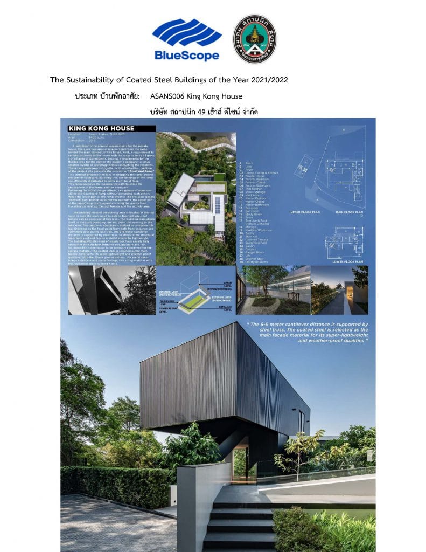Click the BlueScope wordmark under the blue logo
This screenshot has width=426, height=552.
tap(186, 55)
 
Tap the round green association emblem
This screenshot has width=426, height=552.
tap(254, 39)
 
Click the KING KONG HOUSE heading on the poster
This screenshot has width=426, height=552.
tap(101, 129)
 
